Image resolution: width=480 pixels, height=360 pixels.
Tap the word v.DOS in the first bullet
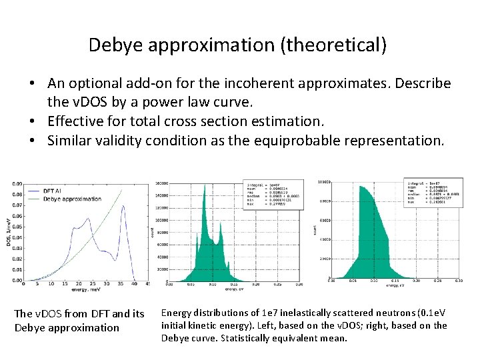(x=86, y=103)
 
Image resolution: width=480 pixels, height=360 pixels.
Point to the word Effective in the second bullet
(x=77, y=122)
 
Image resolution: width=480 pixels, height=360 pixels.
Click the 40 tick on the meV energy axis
(x=134, y=285)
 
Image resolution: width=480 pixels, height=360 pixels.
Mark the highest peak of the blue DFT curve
(x=123, y=207)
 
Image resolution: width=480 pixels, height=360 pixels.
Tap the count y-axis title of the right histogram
(x=315, y=229)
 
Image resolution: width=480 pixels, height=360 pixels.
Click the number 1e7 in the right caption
(x=279, y=313)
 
